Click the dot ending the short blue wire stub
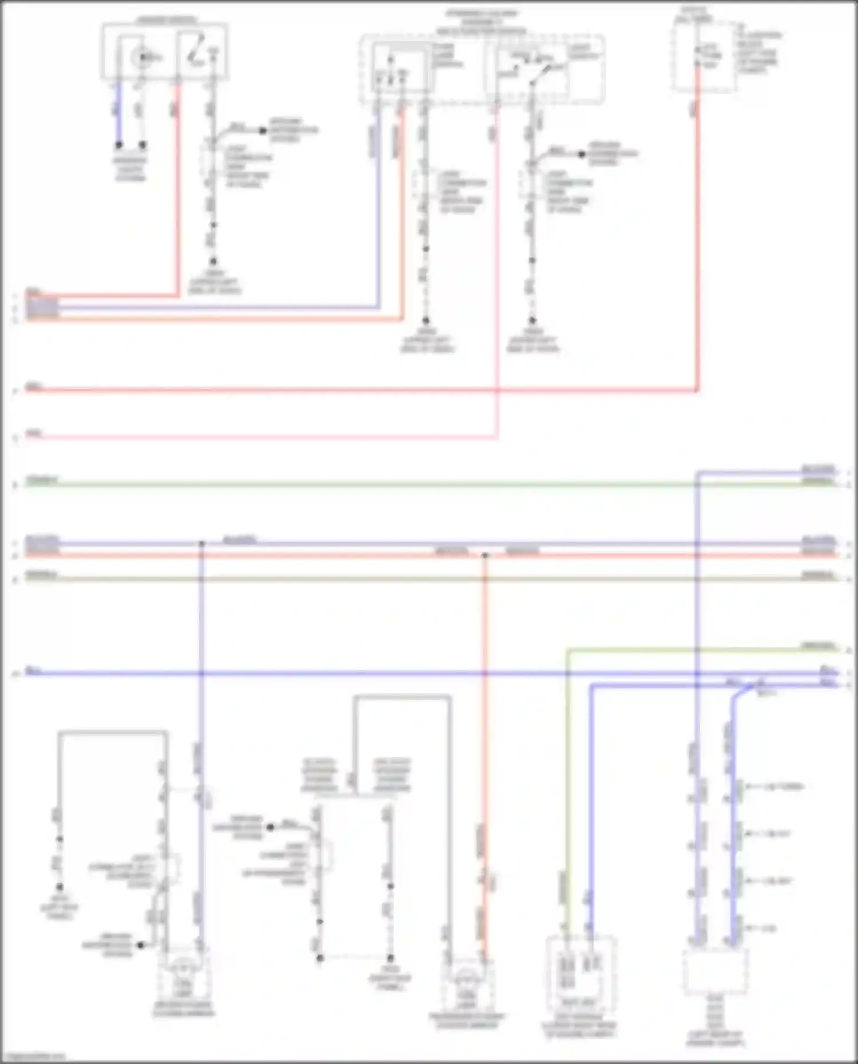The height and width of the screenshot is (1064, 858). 119,145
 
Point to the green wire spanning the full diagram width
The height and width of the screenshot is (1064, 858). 400,485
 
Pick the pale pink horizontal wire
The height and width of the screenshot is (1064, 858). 257,438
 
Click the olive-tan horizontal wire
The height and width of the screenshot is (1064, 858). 400,579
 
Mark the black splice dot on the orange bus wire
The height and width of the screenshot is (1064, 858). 485,555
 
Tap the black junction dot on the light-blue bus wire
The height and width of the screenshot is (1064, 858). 201,543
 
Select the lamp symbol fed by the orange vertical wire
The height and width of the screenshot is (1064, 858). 467,979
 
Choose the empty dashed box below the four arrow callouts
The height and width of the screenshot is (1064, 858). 715,972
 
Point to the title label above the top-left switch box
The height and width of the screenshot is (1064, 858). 166,21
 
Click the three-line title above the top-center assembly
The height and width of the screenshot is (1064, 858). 482,22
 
